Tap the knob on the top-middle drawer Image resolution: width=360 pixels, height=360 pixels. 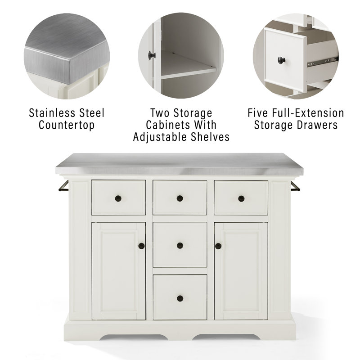click(180, 198)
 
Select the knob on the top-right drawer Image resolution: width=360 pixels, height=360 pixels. click(241, 198)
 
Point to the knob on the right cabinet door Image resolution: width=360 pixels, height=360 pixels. click(219, 246)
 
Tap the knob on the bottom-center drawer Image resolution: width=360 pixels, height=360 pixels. click(180, 297)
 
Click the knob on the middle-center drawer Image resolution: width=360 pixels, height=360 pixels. click(180, 245)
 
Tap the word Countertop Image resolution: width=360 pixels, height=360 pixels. click(67, 125)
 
